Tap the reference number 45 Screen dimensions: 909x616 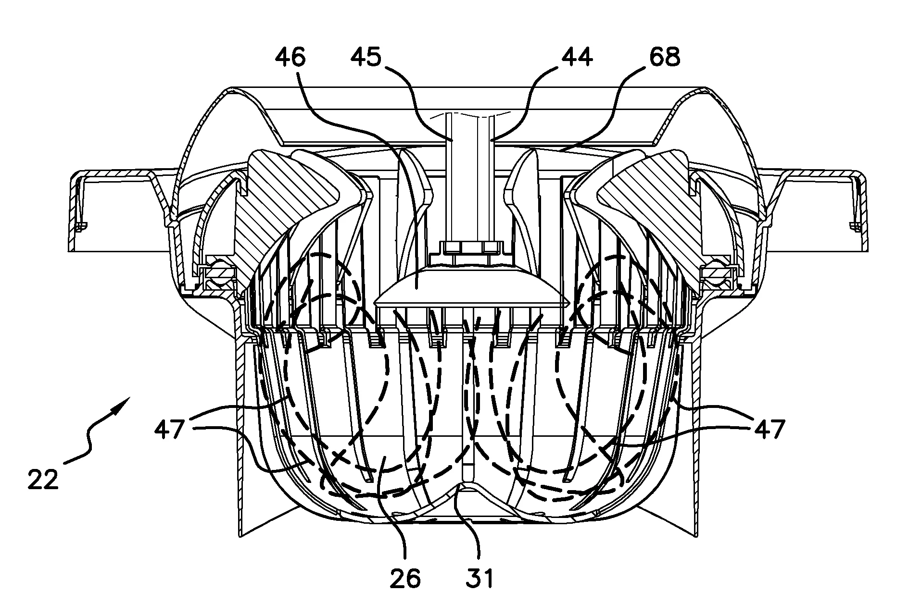click(x=366, y=58)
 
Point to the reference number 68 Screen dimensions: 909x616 click(x=664, y=58)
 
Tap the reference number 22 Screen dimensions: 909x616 click(x=43, y=480)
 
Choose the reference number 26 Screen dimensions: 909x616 click(x=405, y=579)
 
